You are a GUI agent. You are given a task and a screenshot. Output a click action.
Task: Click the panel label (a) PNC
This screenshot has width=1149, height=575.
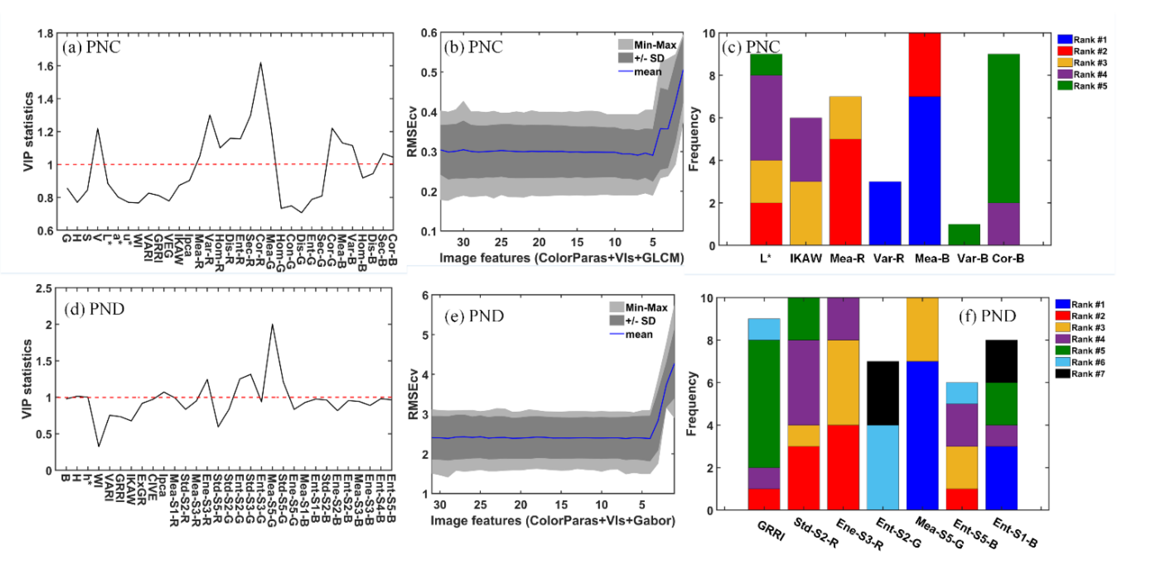coord(91,47)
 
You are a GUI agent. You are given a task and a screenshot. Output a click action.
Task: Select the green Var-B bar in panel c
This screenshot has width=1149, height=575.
coord(964,235)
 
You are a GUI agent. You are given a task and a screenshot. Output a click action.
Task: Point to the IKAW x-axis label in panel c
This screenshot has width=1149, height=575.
coord(805,258)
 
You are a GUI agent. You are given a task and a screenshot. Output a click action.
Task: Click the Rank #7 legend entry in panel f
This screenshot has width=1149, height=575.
coord(1080,374)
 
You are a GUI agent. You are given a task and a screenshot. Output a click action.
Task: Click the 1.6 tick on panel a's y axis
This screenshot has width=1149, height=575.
coord(45,66)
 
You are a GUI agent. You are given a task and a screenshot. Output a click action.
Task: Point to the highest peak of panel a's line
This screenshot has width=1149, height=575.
coord(260,63)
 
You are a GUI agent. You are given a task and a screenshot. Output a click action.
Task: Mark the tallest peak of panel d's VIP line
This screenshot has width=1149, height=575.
coord(272,325)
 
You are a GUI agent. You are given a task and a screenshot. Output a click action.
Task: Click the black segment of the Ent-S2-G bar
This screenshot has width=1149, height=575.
coord(882,393)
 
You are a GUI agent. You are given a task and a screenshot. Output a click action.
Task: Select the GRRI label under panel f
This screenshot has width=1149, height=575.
coord(771,530)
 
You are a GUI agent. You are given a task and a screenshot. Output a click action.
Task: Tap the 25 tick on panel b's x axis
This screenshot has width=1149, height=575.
coord(501,242)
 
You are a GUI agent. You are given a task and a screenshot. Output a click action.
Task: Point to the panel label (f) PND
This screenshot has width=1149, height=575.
coord(987,316)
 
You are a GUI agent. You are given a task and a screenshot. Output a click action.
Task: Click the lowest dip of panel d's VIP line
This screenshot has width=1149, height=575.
coord(99,446)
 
